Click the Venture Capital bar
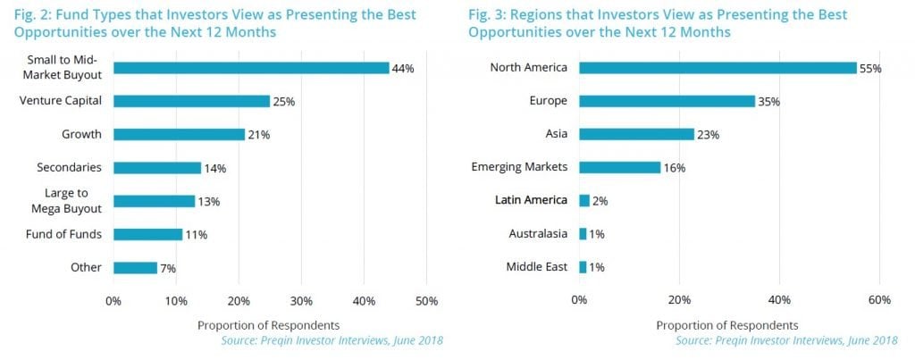[191, 101]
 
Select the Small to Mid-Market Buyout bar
[251, 68]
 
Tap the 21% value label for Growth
[258, 135]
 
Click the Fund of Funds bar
[148, 234]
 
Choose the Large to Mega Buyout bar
[154, 201]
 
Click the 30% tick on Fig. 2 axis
[301, 300]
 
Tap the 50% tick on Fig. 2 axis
[426, 300]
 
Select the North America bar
[718, 68]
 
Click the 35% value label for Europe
[768, 102]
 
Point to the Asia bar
[636, 135]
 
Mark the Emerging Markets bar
[619, 167]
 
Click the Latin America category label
[532, 200]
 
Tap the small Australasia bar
[583, 234]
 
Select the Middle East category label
[537, 267]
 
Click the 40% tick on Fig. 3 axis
[779, 300]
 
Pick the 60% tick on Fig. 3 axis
[879, 300]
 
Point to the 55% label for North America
[869, 69]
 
